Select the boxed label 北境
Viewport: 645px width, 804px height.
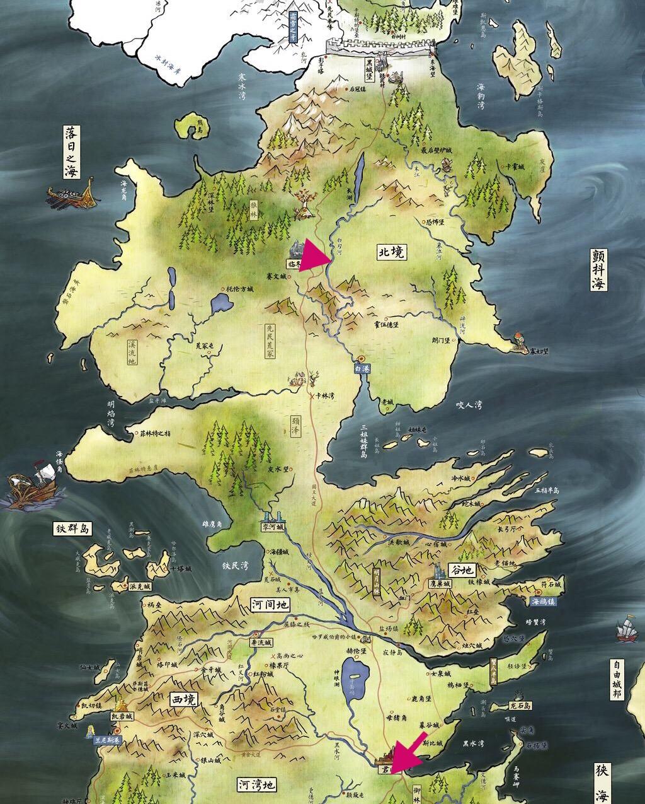[391, 252]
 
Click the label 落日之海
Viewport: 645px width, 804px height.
[72, 152]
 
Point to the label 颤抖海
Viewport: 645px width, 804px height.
[598, 269]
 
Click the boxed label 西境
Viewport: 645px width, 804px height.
[183, 699]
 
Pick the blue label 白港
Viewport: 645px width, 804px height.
[361, 368]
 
